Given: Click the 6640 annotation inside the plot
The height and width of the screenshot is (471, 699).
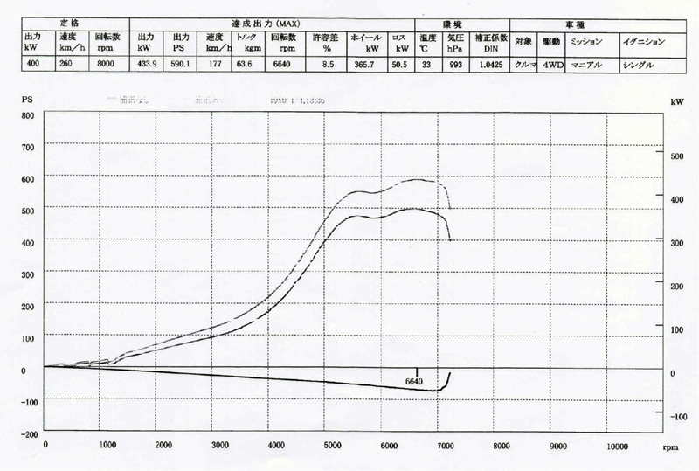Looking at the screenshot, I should tap(414, 381).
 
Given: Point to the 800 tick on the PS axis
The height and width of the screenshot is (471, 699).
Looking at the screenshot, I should tap(27, 115).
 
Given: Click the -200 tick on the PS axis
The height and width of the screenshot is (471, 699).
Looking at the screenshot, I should tap(25, 433).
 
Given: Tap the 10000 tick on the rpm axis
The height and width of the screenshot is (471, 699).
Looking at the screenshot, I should tap(616, 446).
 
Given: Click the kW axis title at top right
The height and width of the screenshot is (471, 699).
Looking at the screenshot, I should tap(679, 102).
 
